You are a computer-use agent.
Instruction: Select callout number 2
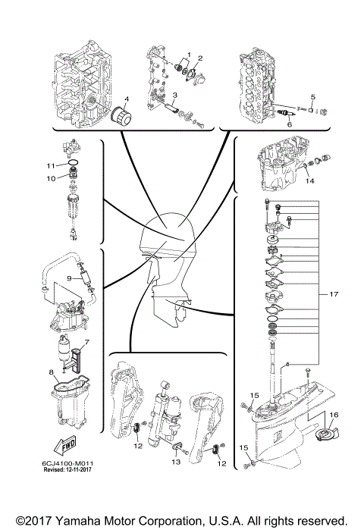199,58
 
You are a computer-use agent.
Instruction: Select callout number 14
309,181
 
